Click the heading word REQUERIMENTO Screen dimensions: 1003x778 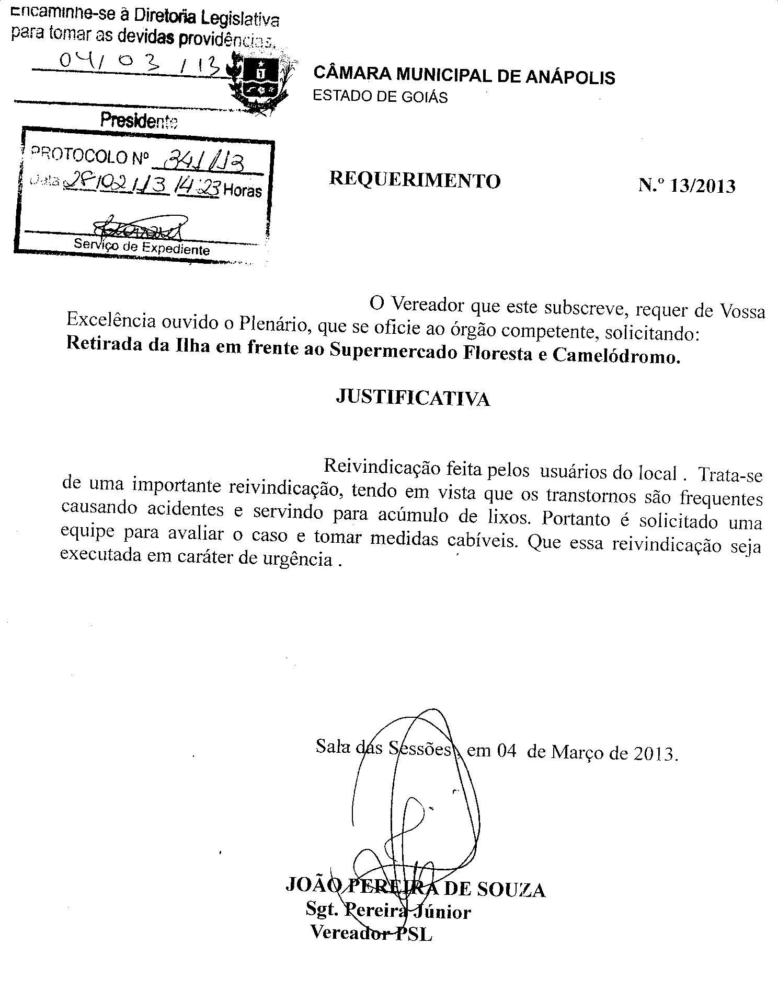(415, 180)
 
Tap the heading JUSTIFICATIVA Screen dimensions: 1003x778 (413, 398)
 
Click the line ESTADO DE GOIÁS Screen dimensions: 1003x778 (380, 97)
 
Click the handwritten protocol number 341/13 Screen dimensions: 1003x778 (202, 158)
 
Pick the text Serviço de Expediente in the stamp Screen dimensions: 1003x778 (142, 247)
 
